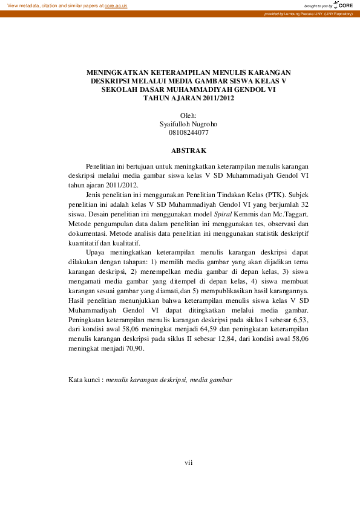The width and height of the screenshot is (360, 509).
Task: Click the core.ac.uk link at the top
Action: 116,5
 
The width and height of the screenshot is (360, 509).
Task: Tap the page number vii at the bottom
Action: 188,462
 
